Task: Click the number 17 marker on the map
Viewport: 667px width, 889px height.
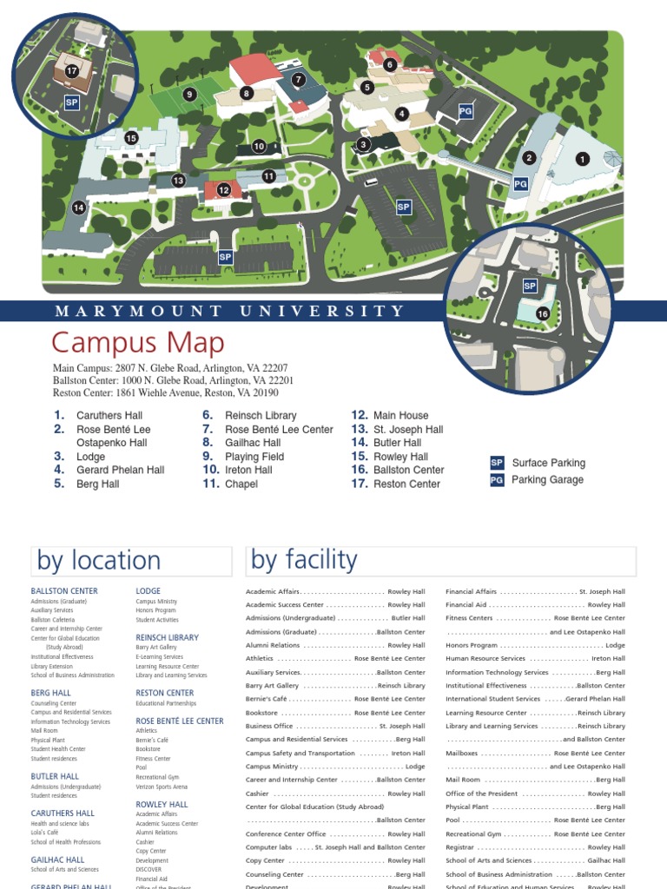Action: pos(72,71)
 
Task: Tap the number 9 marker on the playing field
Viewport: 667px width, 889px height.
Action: pos(189,95)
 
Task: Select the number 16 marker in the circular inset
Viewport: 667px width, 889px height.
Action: pos(543,313)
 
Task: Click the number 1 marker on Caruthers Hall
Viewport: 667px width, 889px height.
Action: pos(582,159)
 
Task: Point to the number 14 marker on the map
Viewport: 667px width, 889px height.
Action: pos(79,207)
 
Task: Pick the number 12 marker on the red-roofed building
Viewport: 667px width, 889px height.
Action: pos(224,190)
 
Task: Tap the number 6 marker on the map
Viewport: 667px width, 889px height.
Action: pos(390,64)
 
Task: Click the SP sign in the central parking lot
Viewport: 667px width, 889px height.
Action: pos(403,207)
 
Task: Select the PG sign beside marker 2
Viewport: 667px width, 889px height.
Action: pos(521,183)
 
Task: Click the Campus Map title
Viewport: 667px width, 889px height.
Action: pos(138,342)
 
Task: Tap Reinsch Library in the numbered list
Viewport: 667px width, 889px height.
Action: pos(261,416)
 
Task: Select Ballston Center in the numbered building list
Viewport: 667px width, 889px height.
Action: pos(408,470)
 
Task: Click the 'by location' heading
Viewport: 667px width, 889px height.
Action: pos(98,561)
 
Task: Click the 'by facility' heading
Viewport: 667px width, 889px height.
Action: pos(304,560)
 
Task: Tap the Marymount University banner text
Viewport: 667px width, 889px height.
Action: pos(229,311)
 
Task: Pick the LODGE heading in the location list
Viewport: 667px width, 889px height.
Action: pos(149,591)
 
